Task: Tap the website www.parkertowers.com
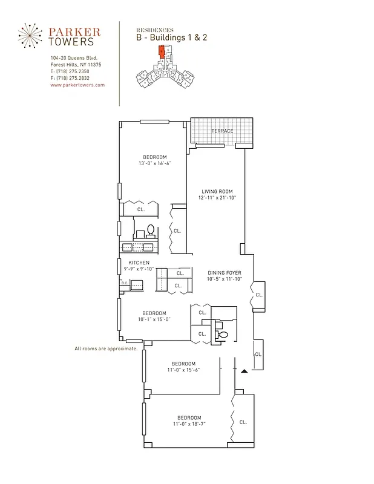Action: coord(77,85)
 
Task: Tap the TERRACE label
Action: coord(222,131)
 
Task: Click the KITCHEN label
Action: coord(139,263)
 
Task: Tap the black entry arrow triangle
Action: coord(244,370)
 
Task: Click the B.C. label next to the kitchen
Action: coord(124,283)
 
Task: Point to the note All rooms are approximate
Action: coord(106,348)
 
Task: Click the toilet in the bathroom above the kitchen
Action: coord(150,230)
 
